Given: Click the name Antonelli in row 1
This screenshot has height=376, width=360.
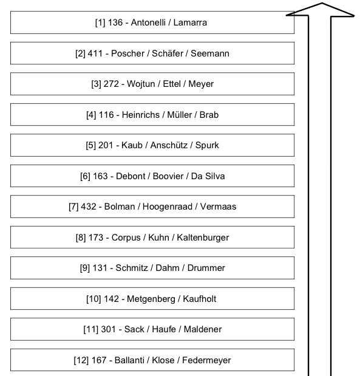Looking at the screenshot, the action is point(148,22).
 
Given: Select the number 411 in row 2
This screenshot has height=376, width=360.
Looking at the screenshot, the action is point(95,53).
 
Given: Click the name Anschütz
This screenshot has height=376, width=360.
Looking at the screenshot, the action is point(169,145).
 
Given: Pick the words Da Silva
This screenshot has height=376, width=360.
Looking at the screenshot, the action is point(208,176).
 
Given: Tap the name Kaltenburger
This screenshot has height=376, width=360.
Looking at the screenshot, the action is point(203,238).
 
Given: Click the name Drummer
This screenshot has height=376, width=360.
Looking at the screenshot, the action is point(206,268).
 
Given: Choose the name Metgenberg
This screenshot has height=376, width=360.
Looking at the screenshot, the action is point(151,299).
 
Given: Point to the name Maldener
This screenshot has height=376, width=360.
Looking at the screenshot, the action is point(203,329).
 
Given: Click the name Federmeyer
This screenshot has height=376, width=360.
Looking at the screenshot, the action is point(206,360).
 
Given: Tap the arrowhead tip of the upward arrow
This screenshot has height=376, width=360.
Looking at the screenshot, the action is point(322,3).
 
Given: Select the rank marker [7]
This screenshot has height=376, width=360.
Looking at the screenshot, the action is point(73,207).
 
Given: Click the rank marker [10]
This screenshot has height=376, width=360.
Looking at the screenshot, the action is point(93,299).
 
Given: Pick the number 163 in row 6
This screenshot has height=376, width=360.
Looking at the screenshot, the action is point(100,176).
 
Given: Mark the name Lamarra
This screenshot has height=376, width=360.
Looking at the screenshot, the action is point(190,22).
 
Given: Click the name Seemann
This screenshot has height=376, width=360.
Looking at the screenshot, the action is point(209,53).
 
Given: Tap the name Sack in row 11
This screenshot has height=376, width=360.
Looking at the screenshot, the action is point(134,329).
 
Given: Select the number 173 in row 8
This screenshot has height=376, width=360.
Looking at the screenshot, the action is point(96,238).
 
